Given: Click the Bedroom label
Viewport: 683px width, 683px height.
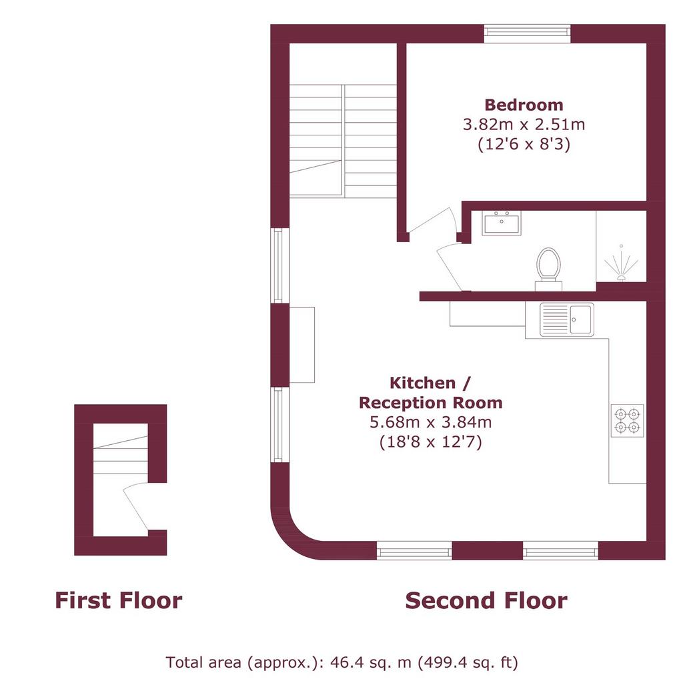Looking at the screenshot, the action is tap(524, 105).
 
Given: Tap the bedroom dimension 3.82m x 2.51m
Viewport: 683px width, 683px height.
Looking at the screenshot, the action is tap(524, 125).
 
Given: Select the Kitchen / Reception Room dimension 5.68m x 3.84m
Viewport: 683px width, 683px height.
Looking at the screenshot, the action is tap(430, 422).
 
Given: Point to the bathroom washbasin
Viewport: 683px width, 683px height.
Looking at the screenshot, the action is tap(502, 223).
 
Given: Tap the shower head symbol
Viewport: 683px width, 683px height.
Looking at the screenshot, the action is tap(621, 265).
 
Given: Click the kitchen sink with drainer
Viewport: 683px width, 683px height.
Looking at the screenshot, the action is tap(567, 319).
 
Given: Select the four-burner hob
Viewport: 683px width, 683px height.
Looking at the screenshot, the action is tap(627, 420).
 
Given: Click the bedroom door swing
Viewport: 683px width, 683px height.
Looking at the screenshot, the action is tap(432, 222).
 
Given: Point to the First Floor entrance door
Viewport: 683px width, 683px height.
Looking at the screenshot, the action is tap(136, 507).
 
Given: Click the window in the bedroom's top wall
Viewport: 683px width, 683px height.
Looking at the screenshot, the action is tap(527, 33).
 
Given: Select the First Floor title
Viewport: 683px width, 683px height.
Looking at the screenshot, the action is tap(119, 600).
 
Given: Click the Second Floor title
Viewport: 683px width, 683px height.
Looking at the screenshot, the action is tap(486, 600).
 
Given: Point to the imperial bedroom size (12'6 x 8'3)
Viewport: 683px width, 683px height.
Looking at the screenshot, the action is tap(524, 144).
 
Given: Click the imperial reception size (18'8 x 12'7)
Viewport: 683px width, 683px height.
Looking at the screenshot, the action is tap(430, 442).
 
